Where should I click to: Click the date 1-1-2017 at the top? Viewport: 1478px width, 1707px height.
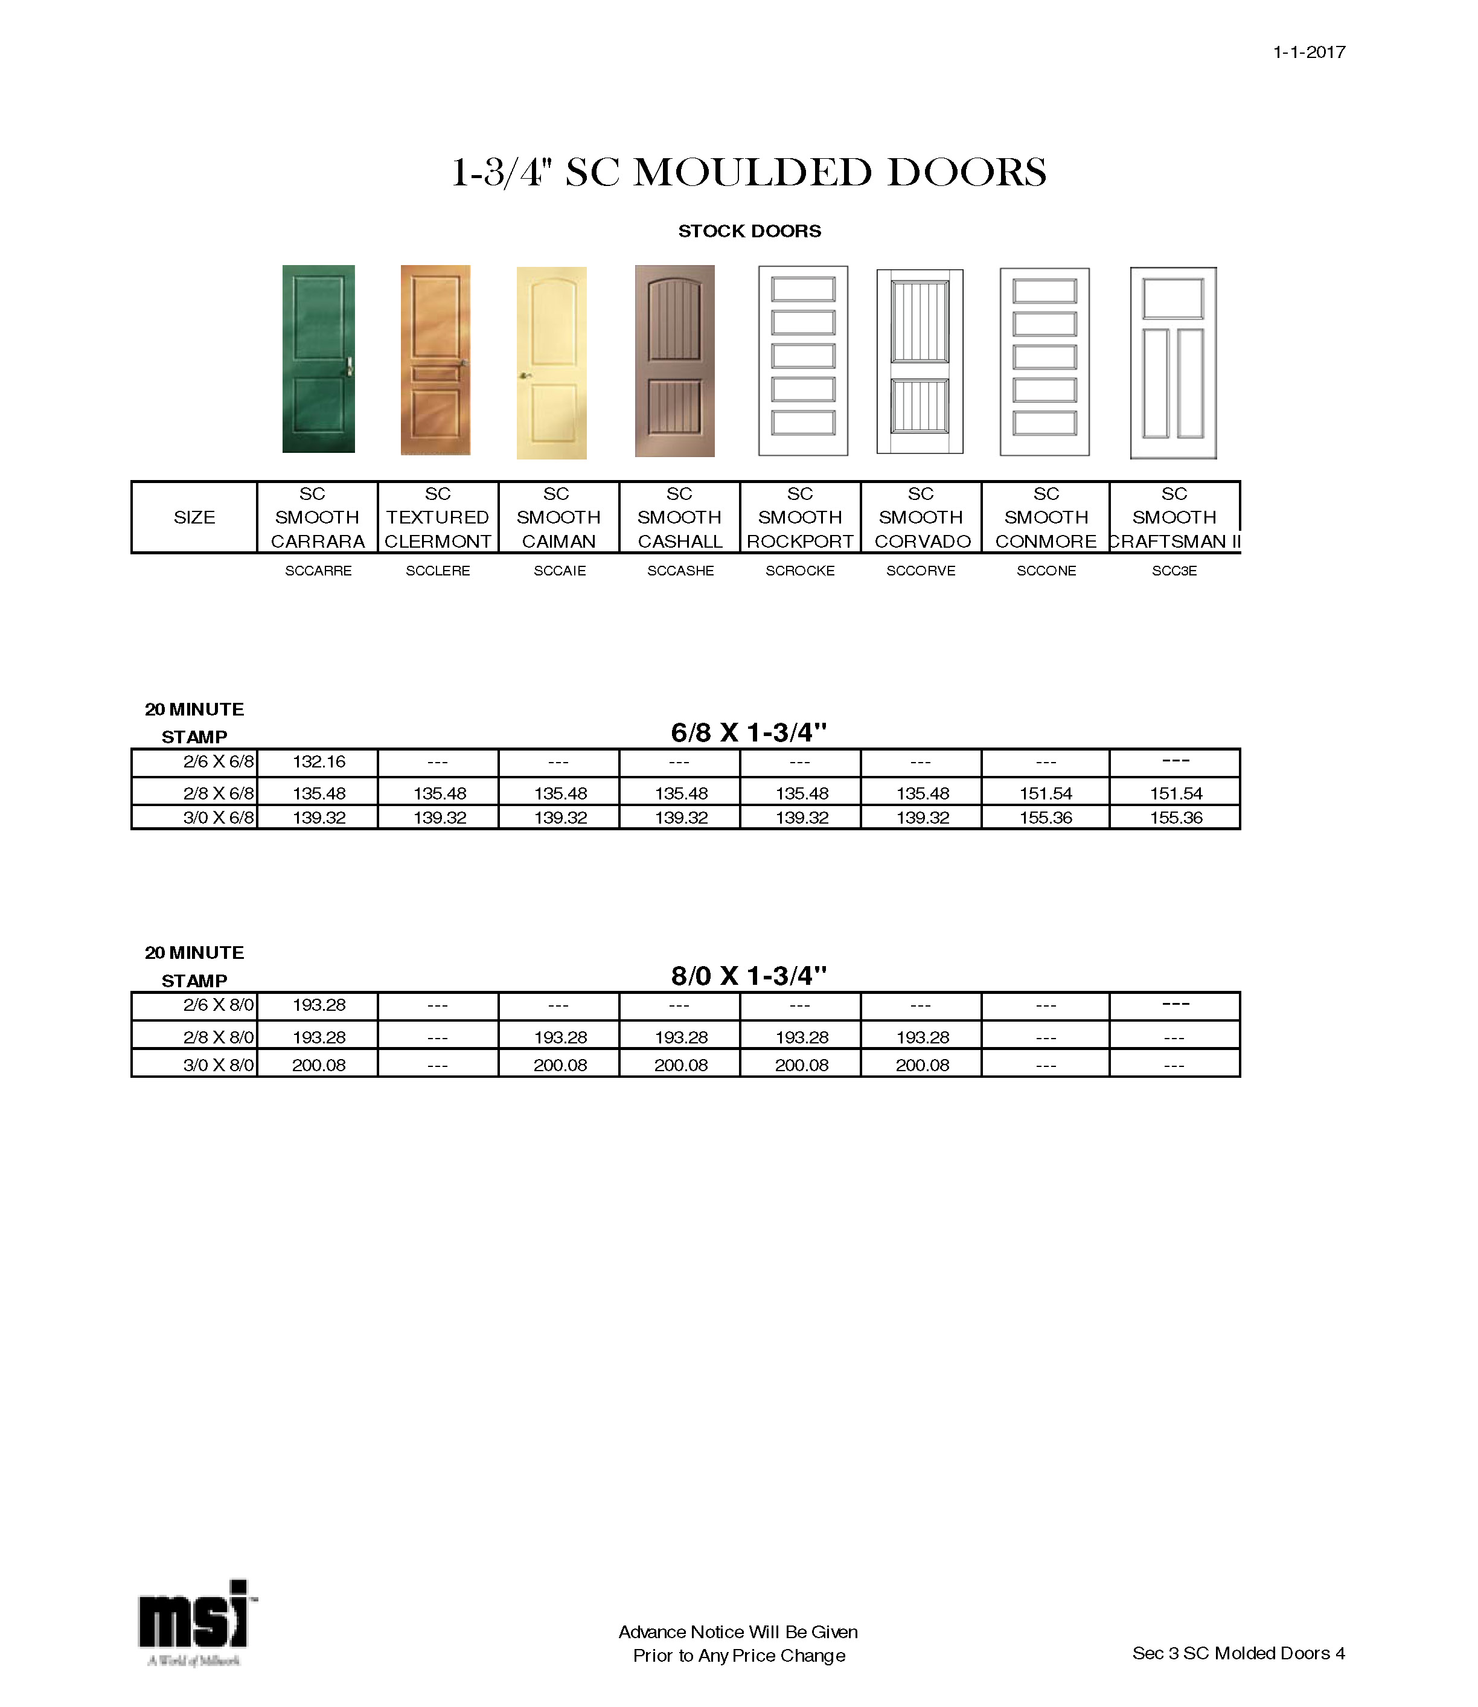click(x=1309, y=52)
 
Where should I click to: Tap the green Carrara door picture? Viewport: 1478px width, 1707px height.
click(x=318, y=359)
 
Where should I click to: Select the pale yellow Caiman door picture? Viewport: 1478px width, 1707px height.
click(x=551, y=363)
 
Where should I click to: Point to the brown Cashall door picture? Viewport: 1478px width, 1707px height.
click(x=674, y=361)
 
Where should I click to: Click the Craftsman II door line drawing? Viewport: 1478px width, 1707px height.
click(x=1173, y=363)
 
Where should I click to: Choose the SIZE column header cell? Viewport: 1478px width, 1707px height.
click(x=194, y=517)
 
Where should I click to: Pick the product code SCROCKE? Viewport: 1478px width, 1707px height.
click(x=800, y=571)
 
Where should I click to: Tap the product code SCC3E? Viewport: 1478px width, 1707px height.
click(x=1174, y=571)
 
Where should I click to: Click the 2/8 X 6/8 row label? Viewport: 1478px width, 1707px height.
click(x=219, y=793)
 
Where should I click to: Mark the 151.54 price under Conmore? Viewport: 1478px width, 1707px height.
click(x=1046, y=793)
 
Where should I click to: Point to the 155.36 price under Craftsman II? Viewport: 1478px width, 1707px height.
click(x=1176, y=818)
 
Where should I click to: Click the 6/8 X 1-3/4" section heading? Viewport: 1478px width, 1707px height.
click(x=748, y=732)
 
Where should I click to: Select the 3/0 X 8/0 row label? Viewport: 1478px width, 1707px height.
click(x=219, y=1065)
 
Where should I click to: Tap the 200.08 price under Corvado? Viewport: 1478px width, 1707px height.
click(x=922, y=1065)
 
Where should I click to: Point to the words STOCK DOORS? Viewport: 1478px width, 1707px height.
click(x=749, y=231)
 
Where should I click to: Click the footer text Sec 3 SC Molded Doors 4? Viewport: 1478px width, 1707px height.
click(x=1238, y=1653)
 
